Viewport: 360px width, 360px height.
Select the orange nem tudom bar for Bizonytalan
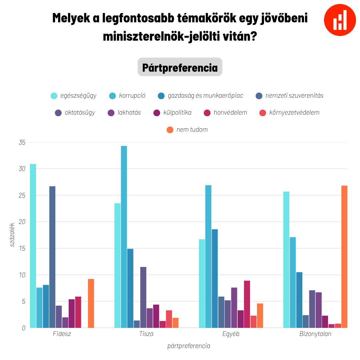[x=344, y=257]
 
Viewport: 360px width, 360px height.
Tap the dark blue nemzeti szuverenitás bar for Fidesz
[x=52, y=257]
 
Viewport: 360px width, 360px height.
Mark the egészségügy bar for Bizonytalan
[x=286, y=260]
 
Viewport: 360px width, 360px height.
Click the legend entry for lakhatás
[x=124, y=113]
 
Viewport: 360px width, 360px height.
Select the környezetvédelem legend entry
[x=290, y=113]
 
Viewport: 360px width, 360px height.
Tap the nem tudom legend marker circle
[x=170, y=130]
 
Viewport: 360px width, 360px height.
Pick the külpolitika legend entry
[x=172, y=113]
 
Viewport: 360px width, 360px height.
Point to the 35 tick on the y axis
[x=22, y=142]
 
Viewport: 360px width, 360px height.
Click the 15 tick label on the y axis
[x=22, y=248]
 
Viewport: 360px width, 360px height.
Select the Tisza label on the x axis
[x=146, y=334]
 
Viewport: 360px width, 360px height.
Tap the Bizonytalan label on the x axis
[x=315, y=334]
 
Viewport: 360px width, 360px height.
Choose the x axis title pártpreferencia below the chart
[x=189, y=346]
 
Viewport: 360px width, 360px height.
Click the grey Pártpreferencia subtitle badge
[x=180, y=67]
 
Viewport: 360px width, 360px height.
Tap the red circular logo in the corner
[x=340, y=20]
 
